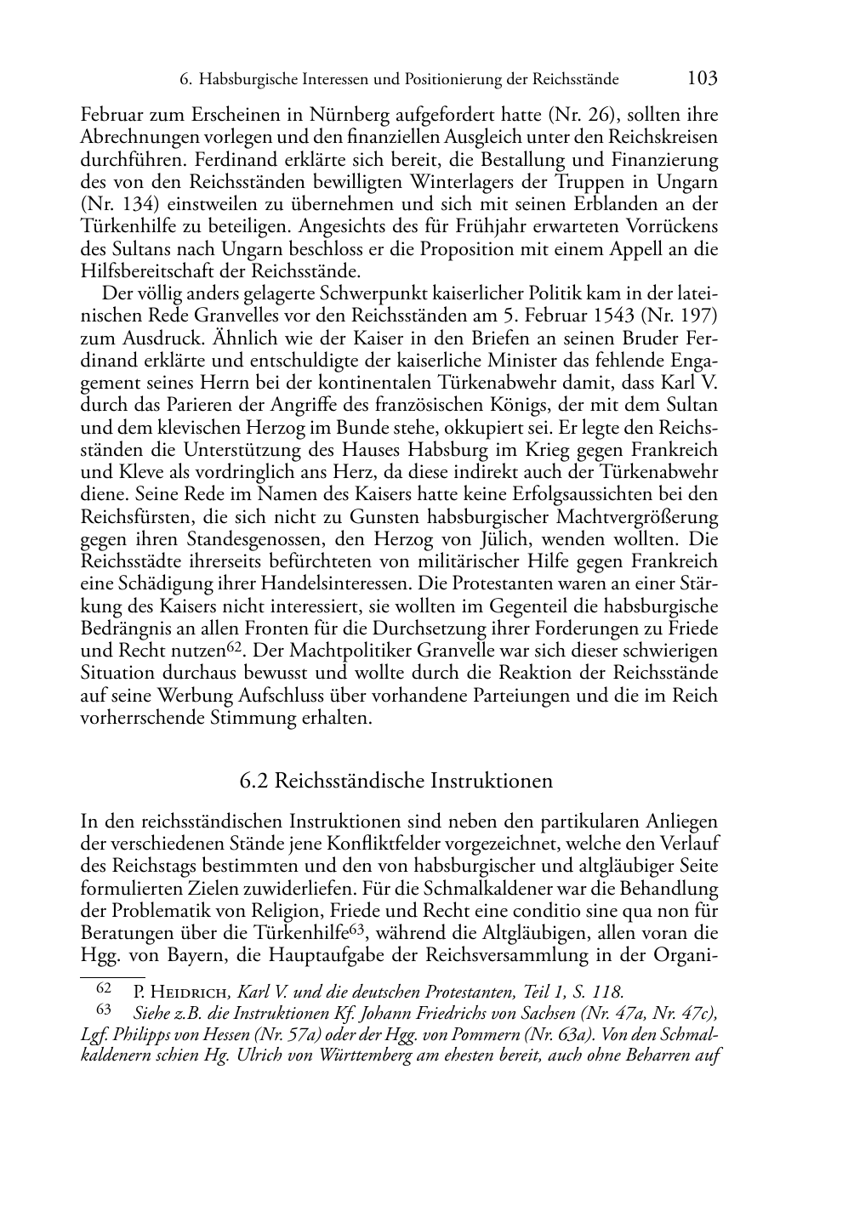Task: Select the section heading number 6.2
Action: click(255, 781)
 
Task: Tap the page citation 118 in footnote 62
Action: click(608, 992)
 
